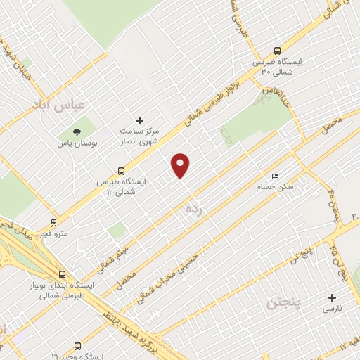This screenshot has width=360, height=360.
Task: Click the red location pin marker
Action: pyautogui.click(x=181, y=165)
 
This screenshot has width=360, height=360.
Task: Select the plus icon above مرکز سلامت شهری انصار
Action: pyautogui.click(x=139, y=122)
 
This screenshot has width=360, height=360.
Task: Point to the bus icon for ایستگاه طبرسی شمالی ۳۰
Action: pyautogui.click(x=277, y=51)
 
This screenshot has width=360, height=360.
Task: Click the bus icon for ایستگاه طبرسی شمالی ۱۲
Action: pyautogui.click(x=122, y=170)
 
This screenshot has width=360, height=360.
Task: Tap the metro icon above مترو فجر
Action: pyautogui.click(x=54, y=223)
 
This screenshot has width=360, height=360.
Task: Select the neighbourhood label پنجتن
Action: pyautogui.click(x=283, y=306)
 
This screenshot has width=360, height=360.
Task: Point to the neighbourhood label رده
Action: pyautogui.click(x=194, y=210)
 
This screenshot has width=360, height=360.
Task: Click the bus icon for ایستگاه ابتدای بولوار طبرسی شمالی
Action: pyautogui.click(x=63, y=275)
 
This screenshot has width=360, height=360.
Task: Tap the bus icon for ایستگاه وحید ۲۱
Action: pyautogui.click(x=77, y=347)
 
